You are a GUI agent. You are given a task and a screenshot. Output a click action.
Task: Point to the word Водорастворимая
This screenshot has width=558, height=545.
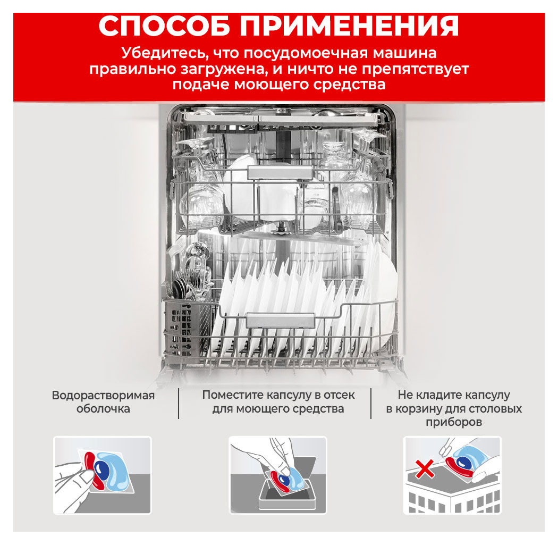(103, 396)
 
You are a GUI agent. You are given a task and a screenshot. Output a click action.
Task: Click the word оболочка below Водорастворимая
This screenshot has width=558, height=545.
(103, 409)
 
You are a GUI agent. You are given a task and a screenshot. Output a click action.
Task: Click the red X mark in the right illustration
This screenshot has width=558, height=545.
(425, 468)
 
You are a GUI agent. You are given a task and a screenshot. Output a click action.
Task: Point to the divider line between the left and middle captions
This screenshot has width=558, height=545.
(179, 403)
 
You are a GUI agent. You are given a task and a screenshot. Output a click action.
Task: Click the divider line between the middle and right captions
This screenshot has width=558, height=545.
(371, 403)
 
